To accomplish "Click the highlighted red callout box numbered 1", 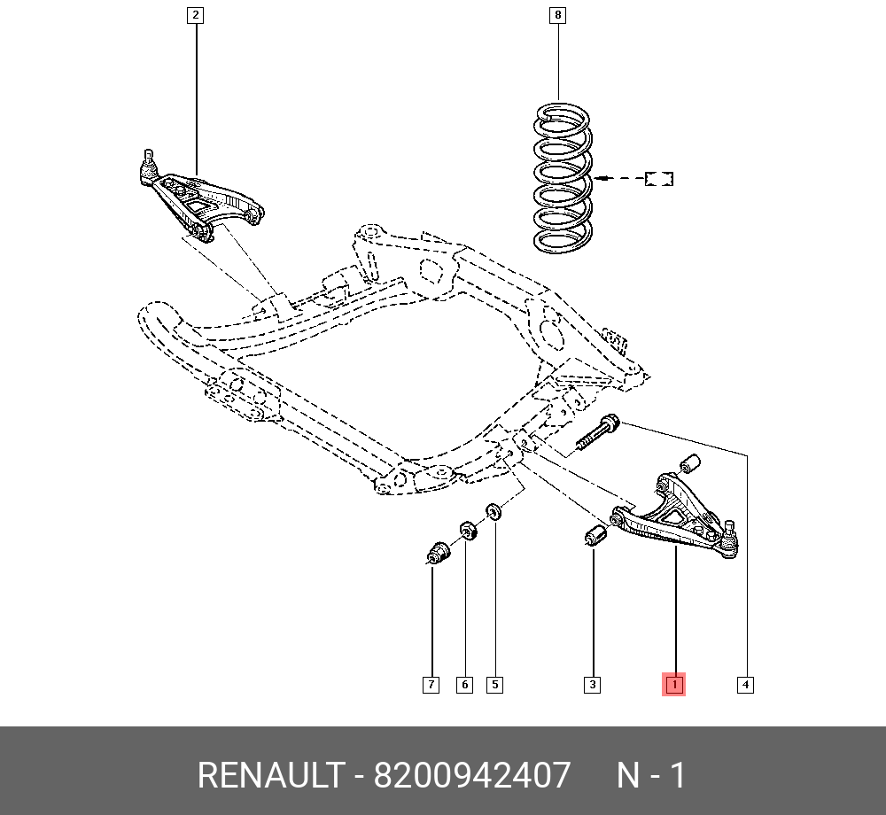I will coord(674,685).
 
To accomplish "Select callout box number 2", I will coord(195,15).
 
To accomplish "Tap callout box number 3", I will coord(592,685).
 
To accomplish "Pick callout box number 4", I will coord(746,685).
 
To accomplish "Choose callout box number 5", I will coord(494,685).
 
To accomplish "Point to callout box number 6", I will coord(464,685).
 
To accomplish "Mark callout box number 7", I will coord(431,685).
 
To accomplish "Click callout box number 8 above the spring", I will coord(556,15).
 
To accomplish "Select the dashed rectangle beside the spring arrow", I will coord(659,179).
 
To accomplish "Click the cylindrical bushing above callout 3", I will coord(595,535).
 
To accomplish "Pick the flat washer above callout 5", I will coord(494,512).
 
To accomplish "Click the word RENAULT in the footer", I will coord(269,776).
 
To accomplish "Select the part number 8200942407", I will coord(472,776).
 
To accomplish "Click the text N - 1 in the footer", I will coord(651,776).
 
